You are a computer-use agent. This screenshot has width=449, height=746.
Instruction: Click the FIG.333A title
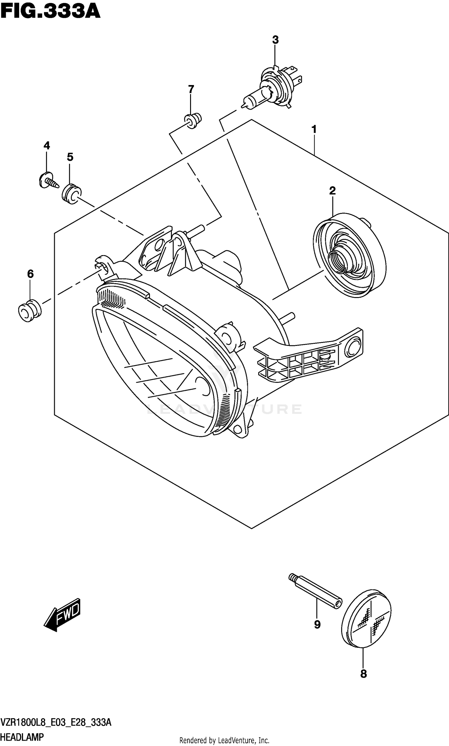click(50, 11)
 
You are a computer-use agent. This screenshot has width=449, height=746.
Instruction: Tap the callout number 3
click(275, 40)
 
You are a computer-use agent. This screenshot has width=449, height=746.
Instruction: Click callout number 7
click(191, 89)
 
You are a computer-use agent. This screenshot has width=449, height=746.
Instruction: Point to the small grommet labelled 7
click(193, 120)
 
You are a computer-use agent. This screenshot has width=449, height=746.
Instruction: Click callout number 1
click(314, 129)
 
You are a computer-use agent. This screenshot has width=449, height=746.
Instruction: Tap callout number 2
click(332, 191)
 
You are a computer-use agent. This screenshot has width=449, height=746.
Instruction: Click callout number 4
click(47, 146)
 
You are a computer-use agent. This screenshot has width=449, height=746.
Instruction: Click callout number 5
click(70, 157)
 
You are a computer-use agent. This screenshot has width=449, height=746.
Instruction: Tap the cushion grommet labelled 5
click(72, 193)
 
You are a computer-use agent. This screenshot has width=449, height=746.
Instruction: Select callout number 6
click(30, 274)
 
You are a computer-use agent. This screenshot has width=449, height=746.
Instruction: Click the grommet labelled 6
click(29, 311)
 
